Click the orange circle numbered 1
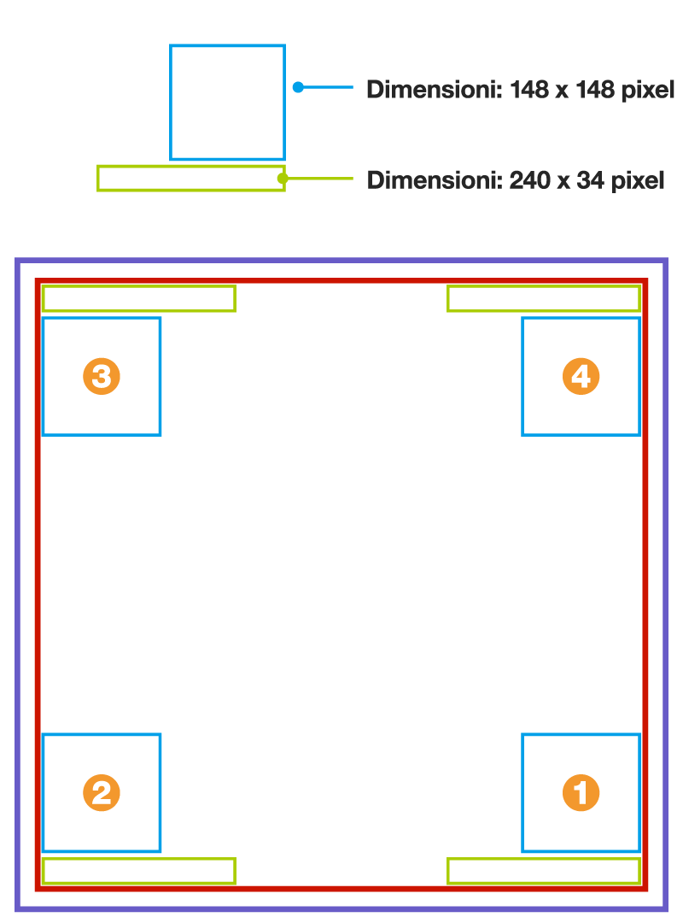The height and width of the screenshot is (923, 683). pyautogui.click(x=581, y=792)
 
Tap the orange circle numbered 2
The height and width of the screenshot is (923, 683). pyautogui.click(x=102, y=792)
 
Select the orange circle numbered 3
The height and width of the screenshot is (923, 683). pyautogui.click(x=102, y=376)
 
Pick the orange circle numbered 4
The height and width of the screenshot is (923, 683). pyautogui.click(x=581, y=376)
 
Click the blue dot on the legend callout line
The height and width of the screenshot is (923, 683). pyautogui.click(x=298, y=87)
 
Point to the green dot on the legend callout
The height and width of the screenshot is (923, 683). pyautogui.click(x=283, y=178)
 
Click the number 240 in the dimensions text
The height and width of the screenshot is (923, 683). pyautogui.click(x=529, y=180)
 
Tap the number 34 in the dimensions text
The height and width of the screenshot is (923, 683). pyautogui.click(x=590, y=180)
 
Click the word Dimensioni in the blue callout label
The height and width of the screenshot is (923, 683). pyautogui.click(x=435, y=90)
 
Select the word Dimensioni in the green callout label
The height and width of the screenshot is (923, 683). pyautogui.click(x=435, y=180)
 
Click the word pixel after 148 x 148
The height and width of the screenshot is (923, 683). pyautogui.click(x=648, y=91)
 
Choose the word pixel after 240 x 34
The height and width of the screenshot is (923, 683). pyautogui.click(x=638, y=181)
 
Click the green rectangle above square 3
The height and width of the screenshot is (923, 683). pyautogui.click(x=139, y=286)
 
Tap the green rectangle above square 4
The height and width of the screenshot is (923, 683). pyautogui.click(x=544, y=286)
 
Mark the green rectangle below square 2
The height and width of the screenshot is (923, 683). pyautogui.click(x=139, y=860)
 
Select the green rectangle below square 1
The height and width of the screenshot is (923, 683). pyautogui.click(x=544, y=860)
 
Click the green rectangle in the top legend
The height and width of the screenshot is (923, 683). pyautogui.click(x=191, y=168)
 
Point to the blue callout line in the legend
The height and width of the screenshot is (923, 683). pyautogui.click(x=326, y=87)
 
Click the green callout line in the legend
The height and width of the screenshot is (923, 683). pyautogui.click(x=318, y=178)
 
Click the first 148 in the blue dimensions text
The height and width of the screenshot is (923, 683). pyautogui.click(x=529, y=90)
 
